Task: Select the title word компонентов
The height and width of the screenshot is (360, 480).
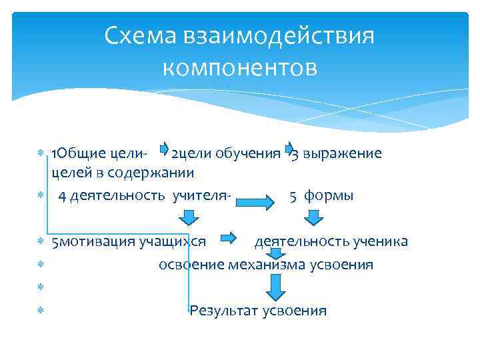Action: click(x=240, y=67)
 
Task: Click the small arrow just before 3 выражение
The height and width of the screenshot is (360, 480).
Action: click(x=289, y=148)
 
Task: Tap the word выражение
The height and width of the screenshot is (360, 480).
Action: click(x=342, y=153)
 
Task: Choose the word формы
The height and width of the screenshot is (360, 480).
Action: click(x=329, y=196)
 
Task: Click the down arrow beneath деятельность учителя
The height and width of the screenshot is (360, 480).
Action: click(x=188, y=217)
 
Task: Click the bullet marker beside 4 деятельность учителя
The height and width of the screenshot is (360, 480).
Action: click(x=39, y=196)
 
